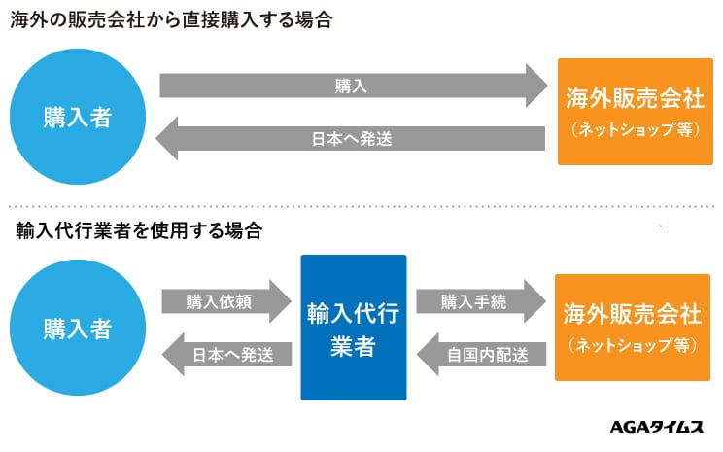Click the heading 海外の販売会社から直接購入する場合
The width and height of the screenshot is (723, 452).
(171, 20)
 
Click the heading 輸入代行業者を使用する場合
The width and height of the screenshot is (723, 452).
(139, 230)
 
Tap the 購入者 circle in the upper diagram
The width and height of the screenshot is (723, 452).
(78, 117)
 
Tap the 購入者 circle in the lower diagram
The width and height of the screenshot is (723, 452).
(78, 328)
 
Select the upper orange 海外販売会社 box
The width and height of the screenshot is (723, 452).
(636, 112)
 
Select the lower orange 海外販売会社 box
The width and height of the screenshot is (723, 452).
(633, 328)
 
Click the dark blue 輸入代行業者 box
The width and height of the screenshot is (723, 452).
(354, 328)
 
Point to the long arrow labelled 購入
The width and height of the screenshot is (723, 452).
(354, 86)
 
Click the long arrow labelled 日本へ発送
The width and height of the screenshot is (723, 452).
(351, 138)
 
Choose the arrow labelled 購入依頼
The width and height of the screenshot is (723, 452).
(226, 301)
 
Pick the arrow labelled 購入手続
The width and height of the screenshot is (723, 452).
(481, 301)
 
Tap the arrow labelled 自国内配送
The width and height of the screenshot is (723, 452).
(481, 354)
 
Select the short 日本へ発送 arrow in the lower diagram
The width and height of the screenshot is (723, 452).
(226, 354)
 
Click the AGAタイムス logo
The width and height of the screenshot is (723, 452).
(657, 427)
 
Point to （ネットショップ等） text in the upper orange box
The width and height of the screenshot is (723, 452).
(636, 129)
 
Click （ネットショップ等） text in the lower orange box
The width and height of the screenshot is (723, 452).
(633, 345)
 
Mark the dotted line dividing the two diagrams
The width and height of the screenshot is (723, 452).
(361, 206)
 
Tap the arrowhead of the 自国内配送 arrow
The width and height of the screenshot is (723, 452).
(427, 354)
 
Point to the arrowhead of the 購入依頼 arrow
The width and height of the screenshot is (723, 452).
(281, 301)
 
